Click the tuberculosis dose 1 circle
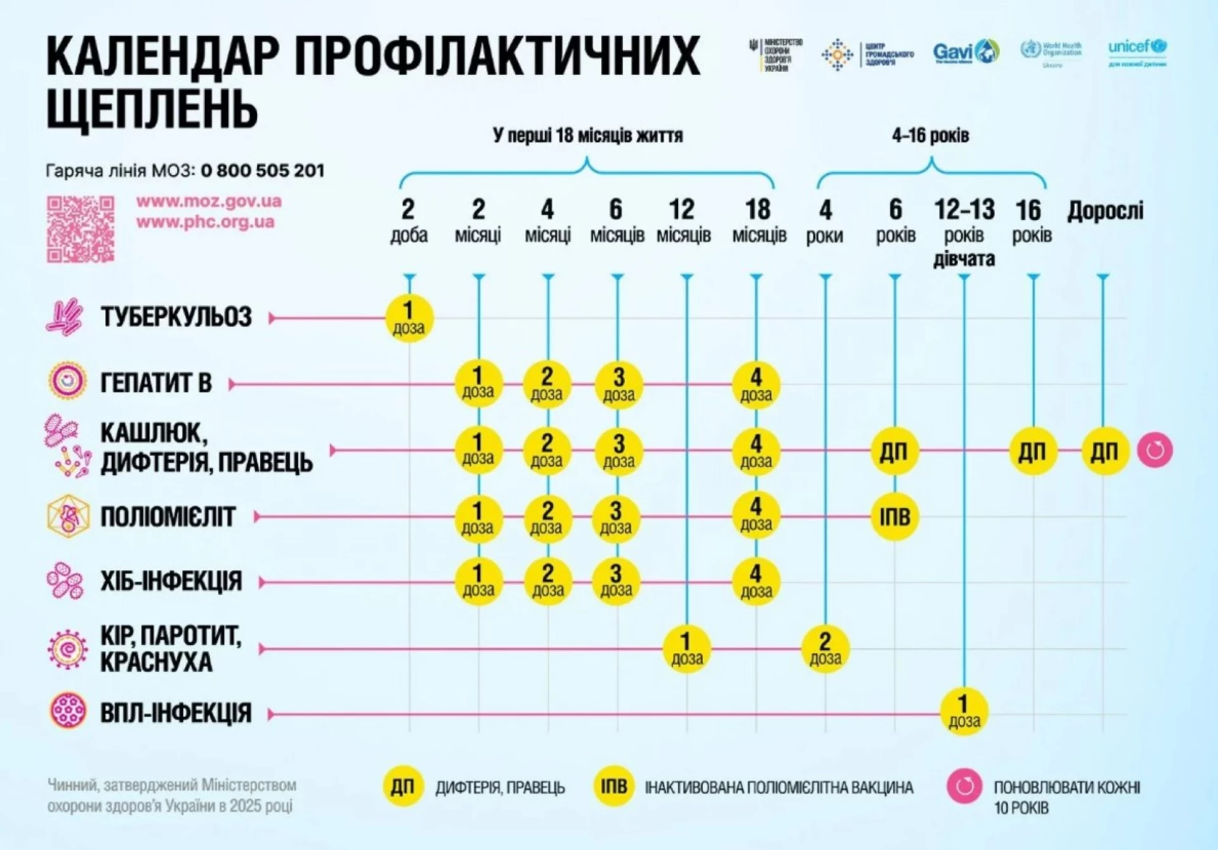point(409,318)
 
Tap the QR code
point(81,229)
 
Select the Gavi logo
point(966,52)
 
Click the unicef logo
point(1137,51)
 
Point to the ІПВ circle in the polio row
point(894,517)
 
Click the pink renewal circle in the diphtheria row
point(1155,450)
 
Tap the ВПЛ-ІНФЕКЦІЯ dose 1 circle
point(964,712)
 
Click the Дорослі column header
point(1105,211)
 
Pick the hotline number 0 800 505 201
point(263,171)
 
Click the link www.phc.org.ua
point(205,222)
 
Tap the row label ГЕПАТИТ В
point(156,383)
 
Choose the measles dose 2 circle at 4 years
point(825,648)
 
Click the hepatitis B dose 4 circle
point(756,384)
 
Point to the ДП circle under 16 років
point(1033,451)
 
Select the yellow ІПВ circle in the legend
point(613,787)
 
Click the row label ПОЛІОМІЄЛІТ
point(168,517)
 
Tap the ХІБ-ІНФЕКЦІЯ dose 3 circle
point(616,582)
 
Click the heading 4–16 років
point(930,135)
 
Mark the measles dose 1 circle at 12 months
point(686,648)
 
